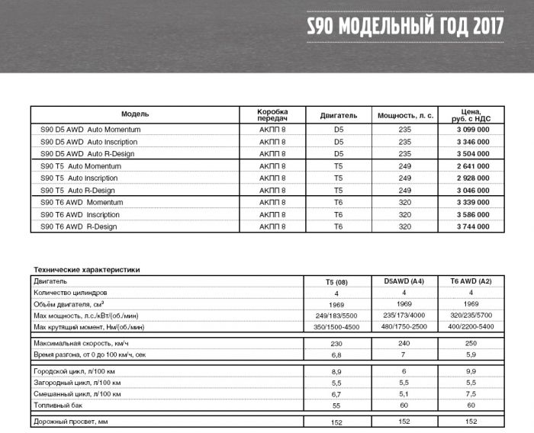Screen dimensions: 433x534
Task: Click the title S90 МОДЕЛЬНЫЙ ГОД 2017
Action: tap(404, 26)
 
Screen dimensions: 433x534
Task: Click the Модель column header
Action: tap(135, 114)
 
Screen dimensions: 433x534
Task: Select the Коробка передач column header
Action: tap(272, 114)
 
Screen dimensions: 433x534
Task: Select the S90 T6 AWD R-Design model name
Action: tap(78, 227)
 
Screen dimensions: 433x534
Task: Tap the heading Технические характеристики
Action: tap(86, 269)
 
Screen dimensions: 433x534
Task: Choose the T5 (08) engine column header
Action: tap(336, 282)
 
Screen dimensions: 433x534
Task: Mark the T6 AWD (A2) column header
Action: tap(471, 282)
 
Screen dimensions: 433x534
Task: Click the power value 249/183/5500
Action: tap(336, 316)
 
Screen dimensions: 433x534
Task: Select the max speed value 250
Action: tap(471, 344)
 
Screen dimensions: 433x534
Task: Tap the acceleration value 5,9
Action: tap(471, 355)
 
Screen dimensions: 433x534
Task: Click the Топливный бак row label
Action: tap(60, 405)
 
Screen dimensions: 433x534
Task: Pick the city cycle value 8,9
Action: tap(336, 370)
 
